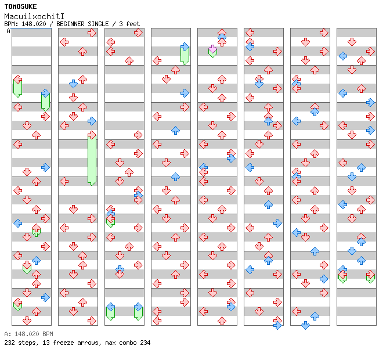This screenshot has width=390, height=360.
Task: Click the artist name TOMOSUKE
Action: [x=20, y=6]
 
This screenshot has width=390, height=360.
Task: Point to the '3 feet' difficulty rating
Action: [x=130, y=24]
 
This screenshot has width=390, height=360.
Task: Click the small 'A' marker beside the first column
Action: [x=9, y=31]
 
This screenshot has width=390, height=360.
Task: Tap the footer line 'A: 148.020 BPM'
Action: [x=28, y=334]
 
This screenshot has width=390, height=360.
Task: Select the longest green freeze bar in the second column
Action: [x=92, y=160]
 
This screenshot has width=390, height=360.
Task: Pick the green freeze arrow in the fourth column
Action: [x=185, y=54]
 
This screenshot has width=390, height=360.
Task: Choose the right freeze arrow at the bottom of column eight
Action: [x=370, y=277]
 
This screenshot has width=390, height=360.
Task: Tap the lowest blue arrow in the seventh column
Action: [x=306, y=325]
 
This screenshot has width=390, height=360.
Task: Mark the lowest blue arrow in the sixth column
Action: [x=277, y=325]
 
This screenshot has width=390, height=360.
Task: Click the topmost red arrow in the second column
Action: [x=92, y=33]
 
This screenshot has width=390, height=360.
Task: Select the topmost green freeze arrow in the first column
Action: [x=17, y=87]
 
